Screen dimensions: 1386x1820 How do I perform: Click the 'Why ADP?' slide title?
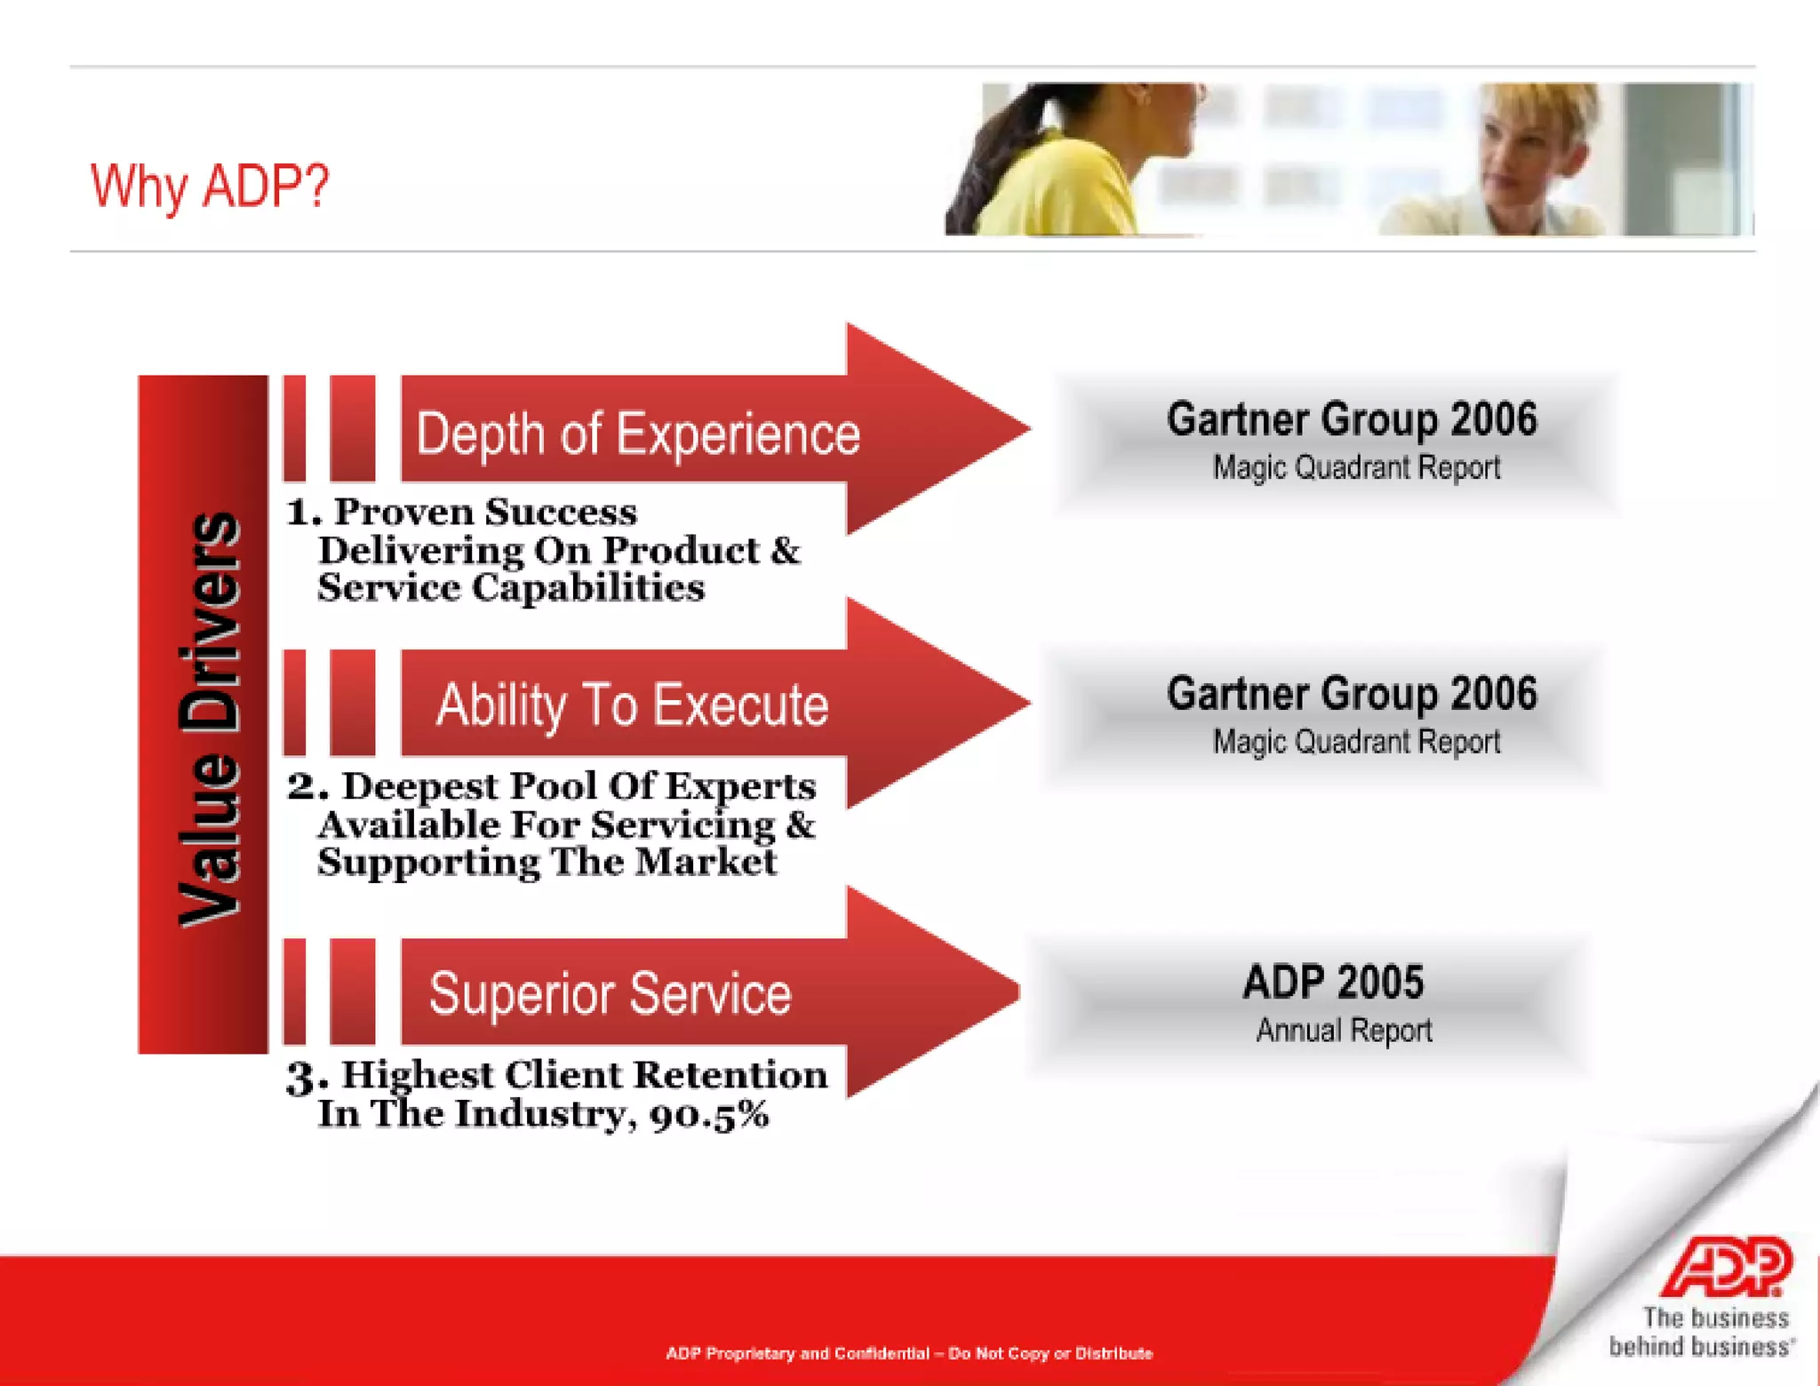point(210,187)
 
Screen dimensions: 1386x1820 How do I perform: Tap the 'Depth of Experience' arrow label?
point(637,434)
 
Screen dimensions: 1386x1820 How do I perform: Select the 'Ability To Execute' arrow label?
point(632,705)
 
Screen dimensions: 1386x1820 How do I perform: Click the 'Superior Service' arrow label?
point(610,993)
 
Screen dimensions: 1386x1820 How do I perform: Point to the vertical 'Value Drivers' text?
point(210,720)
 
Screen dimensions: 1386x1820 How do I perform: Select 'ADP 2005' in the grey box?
point(1332,983)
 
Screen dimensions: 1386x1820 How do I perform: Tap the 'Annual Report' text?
point(1343,1031)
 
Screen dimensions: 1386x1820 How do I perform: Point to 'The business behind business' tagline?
point(1701,1332)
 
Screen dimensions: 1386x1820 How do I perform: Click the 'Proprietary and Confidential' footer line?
point(908,1354)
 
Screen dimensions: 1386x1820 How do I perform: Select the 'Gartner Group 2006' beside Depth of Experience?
point(1351,419)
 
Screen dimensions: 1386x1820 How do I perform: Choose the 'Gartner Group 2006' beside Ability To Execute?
point(1351,694)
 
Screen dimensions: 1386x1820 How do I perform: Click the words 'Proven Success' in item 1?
point(485,513)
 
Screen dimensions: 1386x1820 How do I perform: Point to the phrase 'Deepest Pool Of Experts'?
point(579,787)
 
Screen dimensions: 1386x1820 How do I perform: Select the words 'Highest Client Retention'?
point(584,1076)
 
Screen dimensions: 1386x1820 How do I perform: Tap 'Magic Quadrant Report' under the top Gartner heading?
point(1356,467)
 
